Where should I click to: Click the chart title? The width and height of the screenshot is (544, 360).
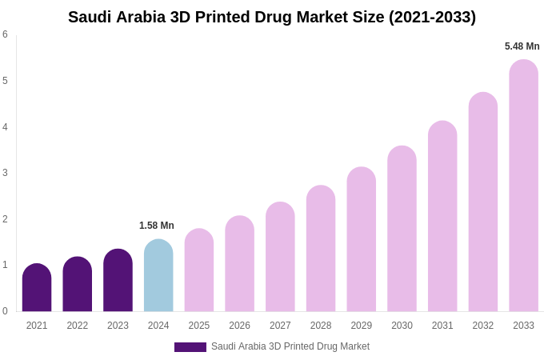[x=272, y=17]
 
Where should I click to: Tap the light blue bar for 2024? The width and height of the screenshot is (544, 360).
[x=158, y=276]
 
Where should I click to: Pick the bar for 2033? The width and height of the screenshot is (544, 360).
[x=523, y=186]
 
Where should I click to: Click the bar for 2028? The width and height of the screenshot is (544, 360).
[x=321, y=249]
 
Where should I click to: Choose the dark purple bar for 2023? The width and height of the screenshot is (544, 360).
[x=118, y=281]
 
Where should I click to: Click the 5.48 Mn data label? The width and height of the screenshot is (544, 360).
[x=522, y=46]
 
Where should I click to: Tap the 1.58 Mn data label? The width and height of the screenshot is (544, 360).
[x=157, y=226]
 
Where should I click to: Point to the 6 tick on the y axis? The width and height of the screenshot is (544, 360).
[x=5, y=34]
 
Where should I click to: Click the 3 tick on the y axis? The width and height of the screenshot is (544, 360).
[x=5, y=173]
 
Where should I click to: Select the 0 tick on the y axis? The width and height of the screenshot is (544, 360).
[x=5, y=311]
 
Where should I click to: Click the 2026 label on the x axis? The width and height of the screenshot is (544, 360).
[x=239, y=326]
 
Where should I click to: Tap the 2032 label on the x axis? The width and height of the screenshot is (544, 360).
[x=482, y=326]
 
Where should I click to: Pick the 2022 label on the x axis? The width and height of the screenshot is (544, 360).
[x=78, y=326]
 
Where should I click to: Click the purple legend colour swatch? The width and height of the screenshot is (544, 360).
[x=190, y=347]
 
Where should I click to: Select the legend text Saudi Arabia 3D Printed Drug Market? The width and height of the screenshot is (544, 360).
[x=290, y=346]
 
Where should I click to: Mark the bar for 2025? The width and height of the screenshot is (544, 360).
[x=199, y=270]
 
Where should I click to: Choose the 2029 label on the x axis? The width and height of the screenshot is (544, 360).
[x=361, y=326]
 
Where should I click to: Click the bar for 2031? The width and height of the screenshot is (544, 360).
[x=442, y=217]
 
